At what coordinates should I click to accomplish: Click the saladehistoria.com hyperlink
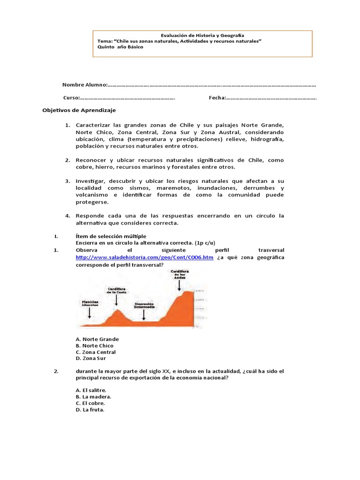pyautogui.click(x=144, y=257)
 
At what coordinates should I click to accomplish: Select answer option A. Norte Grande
pyautogui.click(x=97, y=339)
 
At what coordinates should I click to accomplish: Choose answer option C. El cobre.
pyautogui.click(x=90, y=403)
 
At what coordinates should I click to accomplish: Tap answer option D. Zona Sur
pyautogui.click(x=90, y=359)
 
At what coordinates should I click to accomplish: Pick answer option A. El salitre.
pyautogui.click(x=91, y=390)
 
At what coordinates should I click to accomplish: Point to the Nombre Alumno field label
pyautogui.click(x=85, y=85)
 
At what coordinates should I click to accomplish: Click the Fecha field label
pyautogui.click(x=217, y=98)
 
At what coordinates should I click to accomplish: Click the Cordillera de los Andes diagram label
pyautogui.click(x=180, y=274)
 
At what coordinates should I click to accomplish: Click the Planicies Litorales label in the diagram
pyautogui.click(x=90, y=303)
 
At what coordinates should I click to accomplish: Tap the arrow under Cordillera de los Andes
pyautogui.click(x=180, y=285)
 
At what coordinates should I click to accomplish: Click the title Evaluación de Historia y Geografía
pyautogui.click(x=202, y=35)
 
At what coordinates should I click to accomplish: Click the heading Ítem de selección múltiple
pyautogui.click(x=111, y=236)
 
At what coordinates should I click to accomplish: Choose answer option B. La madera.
pyautogui.click(x=93, y=397)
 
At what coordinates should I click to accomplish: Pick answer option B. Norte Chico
pyautogui.click(x=94, y=345)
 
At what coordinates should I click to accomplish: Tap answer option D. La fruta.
pyautogui.click(x=90, y=410)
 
